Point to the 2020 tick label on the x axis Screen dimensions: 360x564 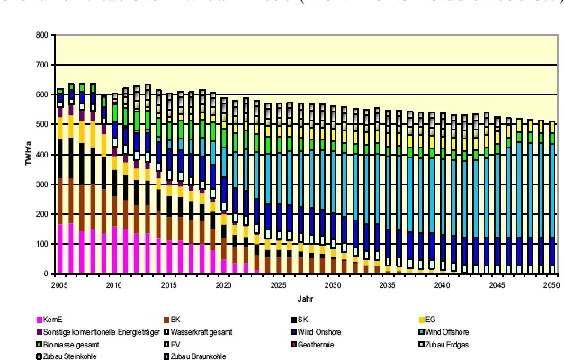[x=223, y=284]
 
